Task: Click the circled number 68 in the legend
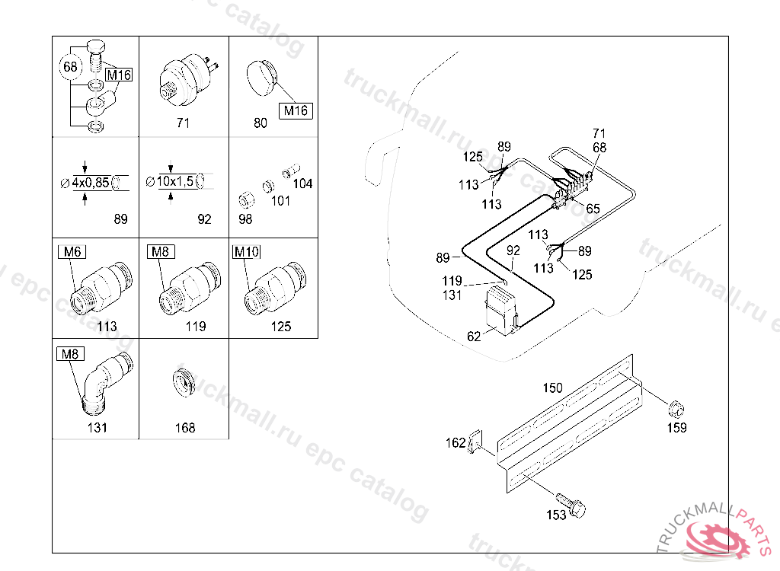(x=70, y=66)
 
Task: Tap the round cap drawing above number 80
(x=262, y=78)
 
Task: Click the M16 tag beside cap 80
(x=296, y=110)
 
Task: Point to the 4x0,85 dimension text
(x=91, y=183)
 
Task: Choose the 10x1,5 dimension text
(x=175, y=181)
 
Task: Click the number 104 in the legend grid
(x=302, y=183)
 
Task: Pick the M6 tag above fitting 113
(x=72, y=252)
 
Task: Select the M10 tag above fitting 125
(x=247, y=252)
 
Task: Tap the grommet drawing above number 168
(x=184, y=383)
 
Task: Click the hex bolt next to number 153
(x=571, y=503)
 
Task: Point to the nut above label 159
(x=676, y=409)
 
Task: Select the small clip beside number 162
(x=475, y=441)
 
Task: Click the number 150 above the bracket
(x=552, y=388)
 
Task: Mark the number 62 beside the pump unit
(x=474, y=337)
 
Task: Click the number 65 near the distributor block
(x=593, y=209)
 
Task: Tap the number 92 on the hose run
(x=513, y=250)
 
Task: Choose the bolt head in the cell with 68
(x=96, y=48)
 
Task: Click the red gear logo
(x=716, y=538)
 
